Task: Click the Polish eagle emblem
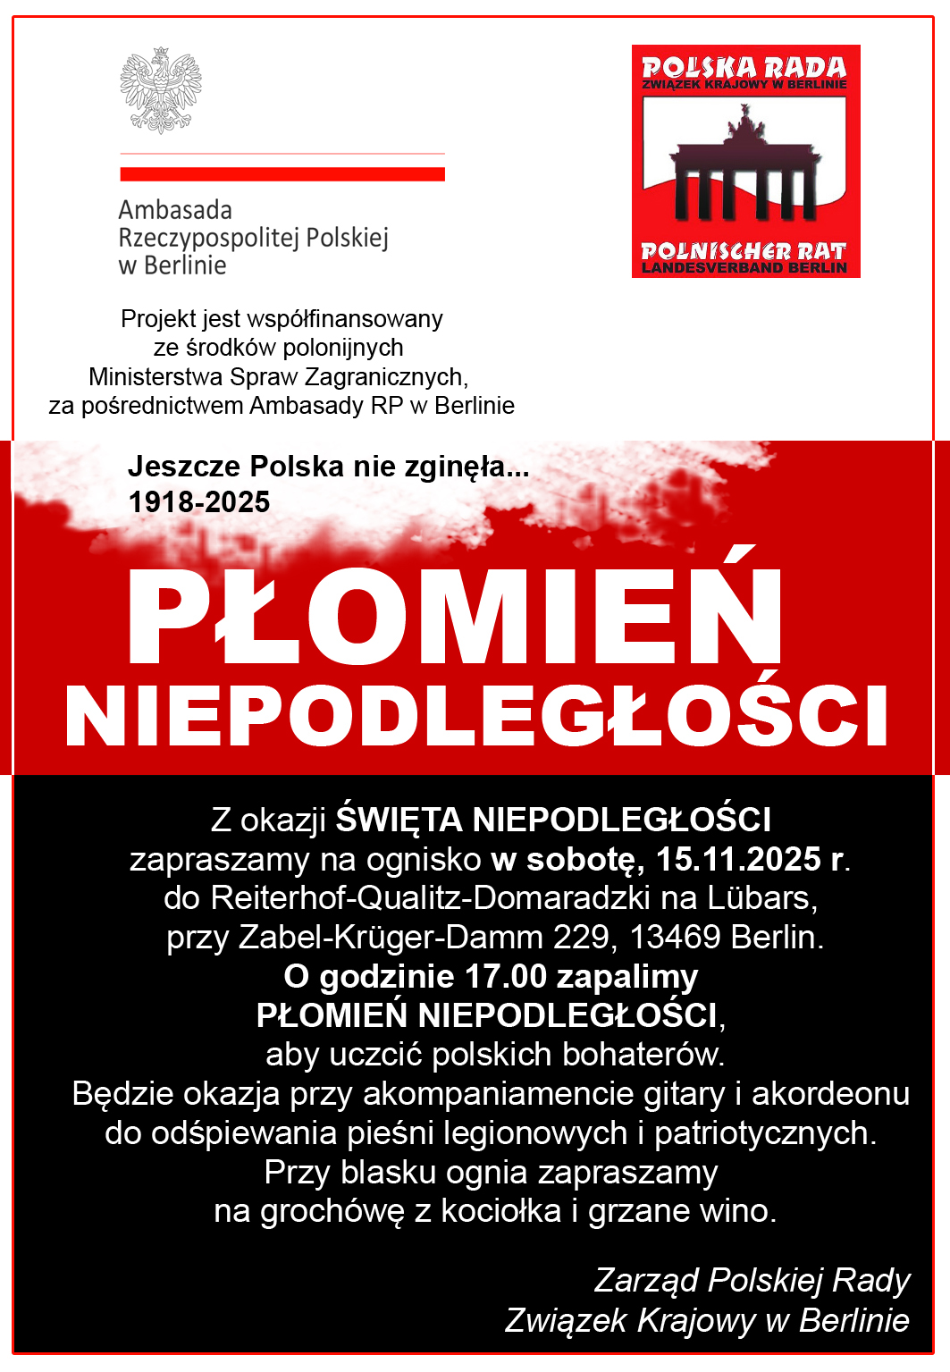click(161, 90)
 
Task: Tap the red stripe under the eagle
click(282, 173)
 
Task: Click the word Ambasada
click(175, 210)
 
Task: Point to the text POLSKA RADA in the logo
click(744, 67)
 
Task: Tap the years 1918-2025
click(199, 502)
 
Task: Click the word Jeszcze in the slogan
click(185, 466)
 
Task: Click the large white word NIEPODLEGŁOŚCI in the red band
click(476, 717)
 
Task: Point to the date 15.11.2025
click(738, 859)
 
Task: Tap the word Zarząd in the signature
click(646, 1280)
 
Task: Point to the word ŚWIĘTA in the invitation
click(399, 820)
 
